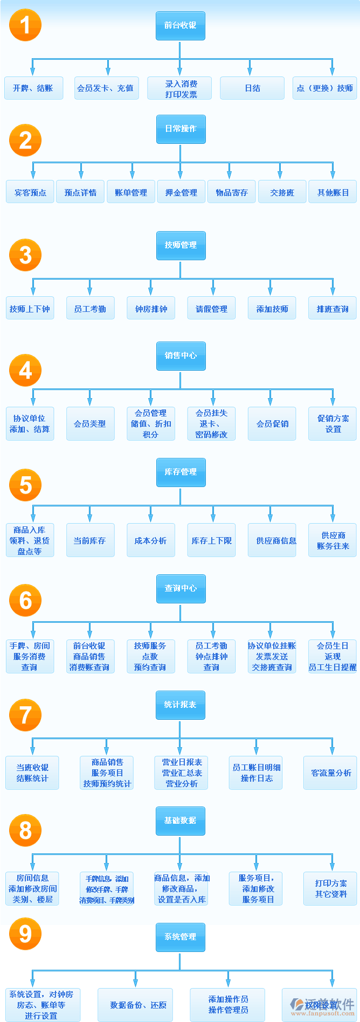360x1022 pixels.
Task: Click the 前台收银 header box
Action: pyautogui.click(x=180, y=26)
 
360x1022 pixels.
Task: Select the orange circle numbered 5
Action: pyautogui.click(x=25, y=485)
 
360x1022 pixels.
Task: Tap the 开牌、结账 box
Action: pyautogui.click(x=33, y=88)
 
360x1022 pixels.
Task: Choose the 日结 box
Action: pyautogui.click(x=252, y=88)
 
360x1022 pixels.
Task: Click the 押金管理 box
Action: pyautogui.click(x=181, y=192)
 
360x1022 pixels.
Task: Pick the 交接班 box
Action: pyautogui.click(x=282, y=192)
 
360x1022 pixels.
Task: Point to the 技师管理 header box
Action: pyautogui.click(x=181, y=245)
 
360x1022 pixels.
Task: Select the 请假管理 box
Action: pyautogui.click(x=211, y=309)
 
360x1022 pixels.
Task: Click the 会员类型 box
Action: pyautogui.click(x=90, y=424)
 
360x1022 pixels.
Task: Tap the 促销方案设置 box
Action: pyautogui.click(x=333, y=424)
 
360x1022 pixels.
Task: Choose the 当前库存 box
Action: pyautogui.click(x=90, y=540)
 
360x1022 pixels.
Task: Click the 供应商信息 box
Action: pyautogui.click(x=272, y=540)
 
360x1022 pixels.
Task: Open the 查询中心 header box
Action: pyautogui.click(x=181, y=588)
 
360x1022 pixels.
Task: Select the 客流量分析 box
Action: pyautogui.click(x=330, y=773)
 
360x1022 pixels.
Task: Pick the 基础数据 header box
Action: pyautogui.click(x=180, y=821)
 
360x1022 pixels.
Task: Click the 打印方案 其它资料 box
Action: pyautogui.click(x=330, y=889)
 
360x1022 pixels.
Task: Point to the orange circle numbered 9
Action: pyautogui.click(x=25, y=934)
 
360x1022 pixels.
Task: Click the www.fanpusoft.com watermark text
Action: pyautogui.click(x=323, y=1013)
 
